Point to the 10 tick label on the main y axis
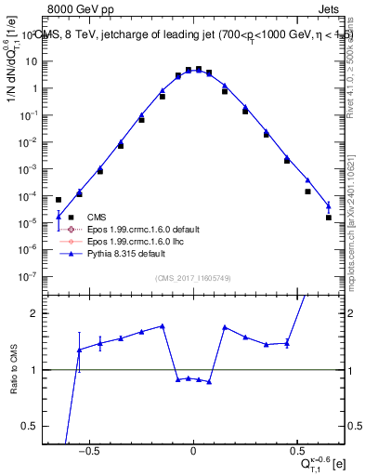click(x=33, y=61)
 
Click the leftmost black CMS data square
click(x=59, y=200)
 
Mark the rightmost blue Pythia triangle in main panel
click(x=329, y=205)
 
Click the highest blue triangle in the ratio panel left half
click(x=163, y=326)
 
